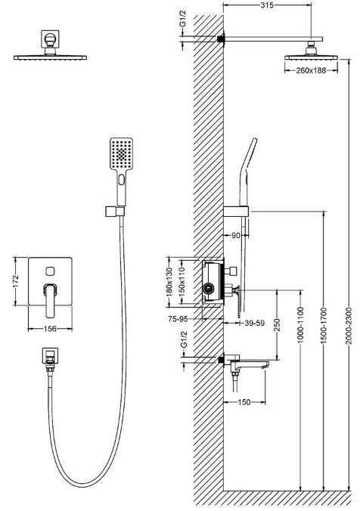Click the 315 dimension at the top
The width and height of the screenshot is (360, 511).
click(267, 5)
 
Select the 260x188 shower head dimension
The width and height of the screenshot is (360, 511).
click(311, 70)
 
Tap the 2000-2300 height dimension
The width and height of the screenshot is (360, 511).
click(349, 325)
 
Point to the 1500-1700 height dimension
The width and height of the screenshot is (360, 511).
click(323, 326)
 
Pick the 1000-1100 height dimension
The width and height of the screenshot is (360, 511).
click(301, 324)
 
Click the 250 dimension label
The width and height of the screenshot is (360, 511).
click(277, 325)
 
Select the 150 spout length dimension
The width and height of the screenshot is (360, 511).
click(244, 402)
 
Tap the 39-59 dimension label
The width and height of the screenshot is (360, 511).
click(254, 323)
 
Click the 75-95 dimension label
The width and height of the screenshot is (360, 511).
click(178, 319)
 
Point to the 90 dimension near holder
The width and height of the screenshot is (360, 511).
click(235, 235)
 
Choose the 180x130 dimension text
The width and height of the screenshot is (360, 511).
click(169, 281)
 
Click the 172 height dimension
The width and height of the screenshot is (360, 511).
click(16, 281)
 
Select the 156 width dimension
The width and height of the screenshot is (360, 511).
click(50, 329)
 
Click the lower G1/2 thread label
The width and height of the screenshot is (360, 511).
click(184, 339)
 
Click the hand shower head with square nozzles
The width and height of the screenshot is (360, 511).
click(121, 153)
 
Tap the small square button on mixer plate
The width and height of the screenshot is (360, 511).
click(50, 271)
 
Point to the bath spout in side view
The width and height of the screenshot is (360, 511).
click(247, 364)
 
